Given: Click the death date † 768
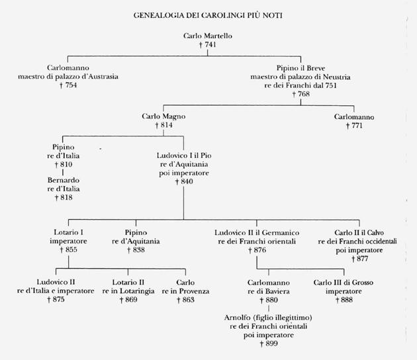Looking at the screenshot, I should coord(302,95).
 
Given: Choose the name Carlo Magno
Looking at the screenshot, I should coord(163,116).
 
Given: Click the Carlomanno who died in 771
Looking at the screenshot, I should coord(354,116).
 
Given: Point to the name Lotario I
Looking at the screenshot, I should coord(69,233).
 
